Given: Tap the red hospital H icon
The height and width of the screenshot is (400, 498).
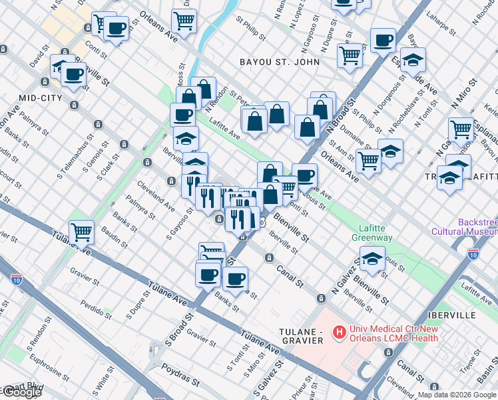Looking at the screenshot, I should pyautogui.click(x=339, y=331).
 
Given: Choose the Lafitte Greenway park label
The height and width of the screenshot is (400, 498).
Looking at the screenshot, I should pyautogui.click(x=372, y=232).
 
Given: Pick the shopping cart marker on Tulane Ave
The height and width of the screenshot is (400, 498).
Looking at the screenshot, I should pyautogui.click(x=81, y=233).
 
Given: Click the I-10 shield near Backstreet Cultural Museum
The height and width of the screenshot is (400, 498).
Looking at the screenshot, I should pyautogui.click(x=473, y=253).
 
